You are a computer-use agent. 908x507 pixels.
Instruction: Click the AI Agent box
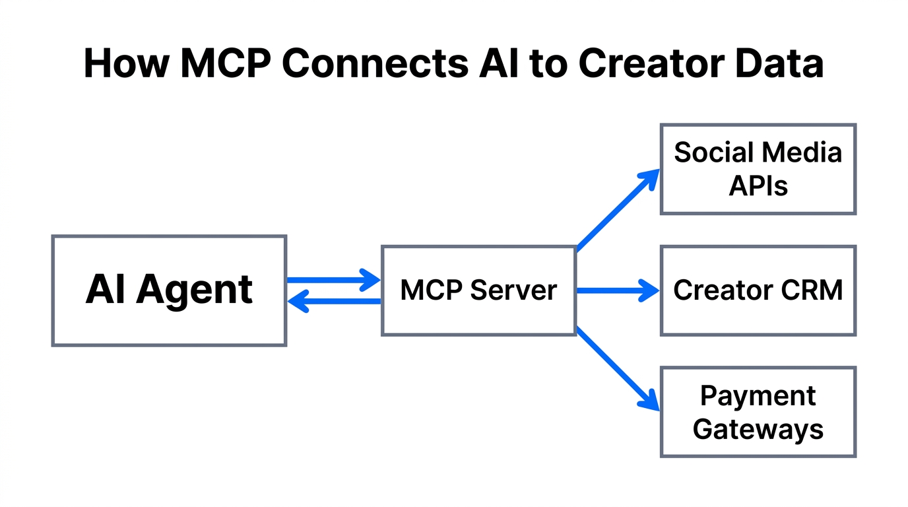[169, 290]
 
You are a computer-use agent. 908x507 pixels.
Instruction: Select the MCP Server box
[478, 290]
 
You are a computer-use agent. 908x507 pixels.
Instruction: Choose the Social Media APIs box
[758, 169]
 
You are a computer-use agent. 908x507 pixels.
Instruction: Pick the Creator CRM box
[758, 290]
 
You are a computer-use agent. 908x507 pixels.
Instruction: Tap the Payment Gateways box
[758, 412]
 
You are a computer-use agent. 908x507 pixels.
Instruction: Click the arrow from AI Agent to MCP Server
[333, 280]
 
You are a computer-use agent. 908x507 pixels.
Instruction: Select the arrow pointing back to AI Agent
[333, 302]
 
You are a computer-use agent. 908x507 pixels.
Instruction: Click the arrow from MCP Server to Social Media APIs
[618, 210]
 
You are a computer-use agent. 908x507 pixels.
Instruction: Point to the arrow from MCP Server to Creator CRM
[618, 290]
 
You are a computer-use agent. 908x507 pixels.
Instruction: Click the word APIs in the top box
[758, 186]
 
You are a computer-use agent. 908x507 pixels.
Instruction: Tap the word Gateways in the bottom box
[758, 430]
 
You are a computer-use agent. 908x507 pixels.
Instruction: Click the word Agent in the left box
[195, 290]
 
